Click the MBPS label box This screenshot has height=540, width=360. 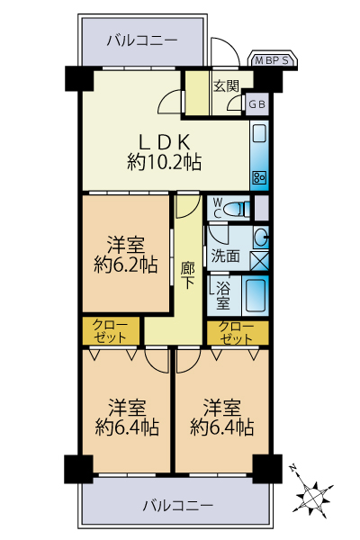tap(273, 60)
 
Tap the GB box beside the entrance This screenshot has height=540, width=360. tap(256, 104)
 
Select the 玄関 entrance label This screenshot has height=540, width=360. tap(226, 86)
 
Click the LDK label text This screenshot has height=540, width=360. tap(165, 141)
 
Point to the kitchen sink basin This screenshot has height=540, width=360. tap(259, 134)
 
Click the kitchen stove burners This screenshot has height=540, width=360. tap(259, 177)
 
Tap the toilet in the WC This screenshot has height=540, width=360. tap(237, 209)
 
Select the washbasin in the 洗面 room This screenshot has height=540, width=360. tap(261, 237)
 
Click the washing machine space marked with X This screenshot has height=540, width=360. tap(259, 261)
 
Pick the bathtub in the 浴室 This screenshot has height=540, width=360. tap(256, 295)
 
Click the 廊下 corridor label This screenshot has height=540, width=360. tap(187, 274)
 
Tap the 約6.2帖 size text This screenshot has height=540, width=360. tap(126, 265)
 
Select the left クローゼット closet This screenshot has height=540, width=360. tap(111, 331)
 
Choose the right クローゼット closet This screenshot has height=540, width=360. tap(238, 333)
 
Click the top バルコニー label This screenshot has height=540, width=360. tap(142, 41)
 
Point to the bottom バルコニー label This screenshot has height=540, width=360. tap(178, 506)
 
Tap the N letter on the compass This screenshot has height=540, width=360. tap(293, 468)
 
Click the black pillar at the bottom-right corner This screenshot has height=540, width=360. tap(267, 469)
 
